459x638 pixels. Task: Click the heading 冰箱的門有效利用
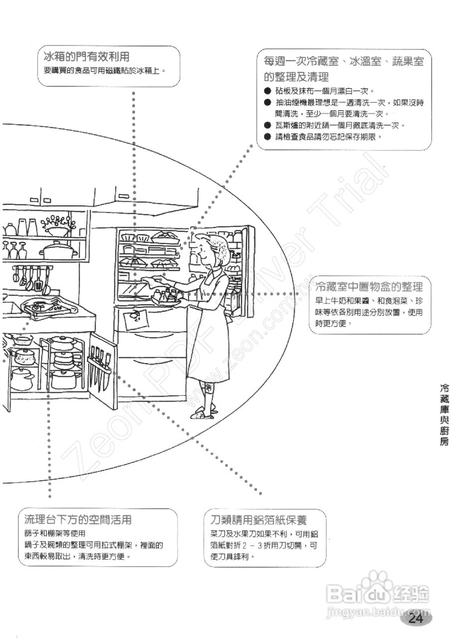coord(90,56)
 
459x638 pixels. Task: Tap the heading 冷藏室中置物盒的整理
coord(369,287)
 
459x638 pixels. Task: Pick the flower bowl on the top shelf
coord(55,227)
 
